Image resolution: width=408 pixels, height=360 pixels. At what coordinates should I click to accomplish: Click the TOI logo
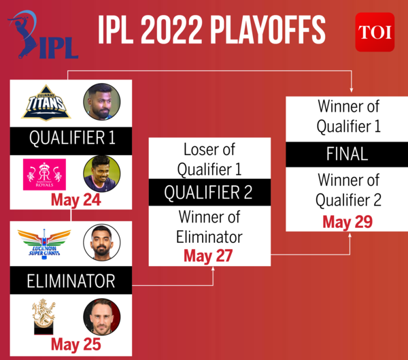(374, 32)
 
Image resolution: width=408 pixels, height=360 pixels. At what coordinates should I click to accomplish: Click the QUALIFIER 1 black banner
(72, 139)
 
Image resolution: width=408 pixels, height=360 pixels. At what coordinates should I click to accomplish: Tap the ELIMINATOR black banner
(71, 280)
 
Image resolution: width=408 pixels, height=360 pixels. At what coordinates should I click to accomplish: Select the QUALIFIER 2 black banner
(209, 193)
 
